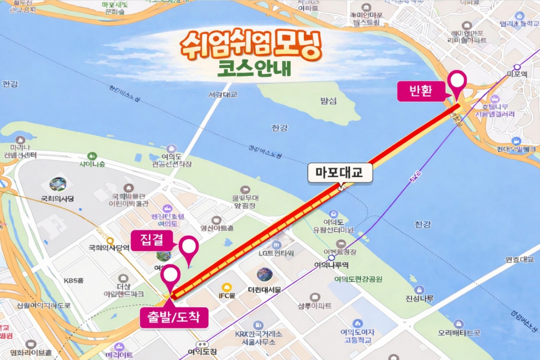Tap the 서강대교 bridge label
click(x=223, y=95)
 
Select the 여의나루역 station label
click(x=331, y=265)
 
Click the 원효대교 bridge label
click(x=518, y=260)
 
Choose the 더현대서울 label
click(x=265, y=290)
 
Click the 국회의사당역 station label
click(x=109, y=247)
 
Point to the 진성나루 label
click(x=419, y=299)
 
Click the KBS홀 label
click(x=74, y=280)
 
